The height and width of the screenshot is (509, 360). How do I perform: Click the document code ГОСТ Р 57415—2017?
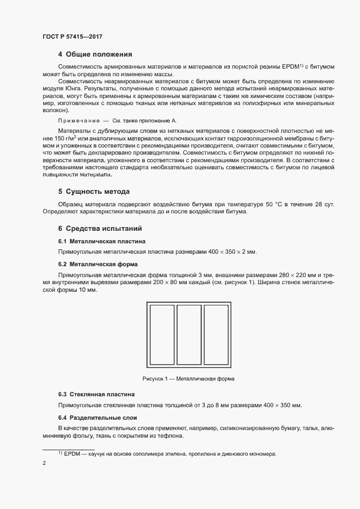point(72,37)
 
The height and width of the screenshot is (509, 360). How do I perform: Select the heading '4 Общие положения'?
point(95,54)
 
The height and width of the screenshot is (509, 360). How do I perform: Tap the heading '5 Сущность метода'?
point(93,192)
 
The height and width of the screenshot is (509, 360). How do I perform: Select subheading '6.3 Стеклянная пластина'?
point(97,394)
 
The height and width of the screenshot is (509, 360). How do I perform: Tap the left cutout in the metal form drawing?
point(162,334)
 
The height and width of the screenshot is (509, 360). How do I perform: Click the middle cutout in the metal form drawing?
point(189,334)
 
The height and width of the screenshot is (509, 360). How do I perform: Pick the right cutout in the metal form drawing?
point(216,334)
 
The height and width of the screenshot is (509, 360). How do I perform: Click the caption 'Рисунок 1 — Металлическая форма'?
point(188,378)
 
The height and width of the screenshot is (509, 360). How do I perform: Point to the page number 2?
point(44,463)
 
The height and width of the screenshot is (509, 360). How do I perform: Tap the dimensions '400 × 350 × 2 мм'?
point(231,252)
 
